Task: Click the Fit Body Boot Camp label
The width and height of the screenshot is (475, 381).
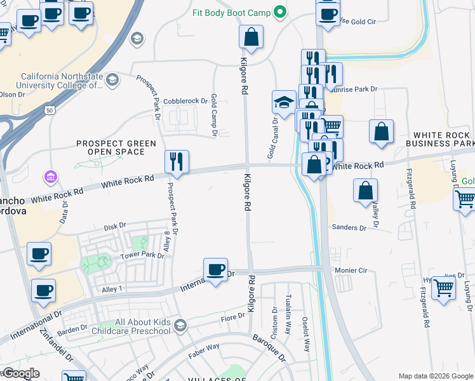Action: click(232, 13)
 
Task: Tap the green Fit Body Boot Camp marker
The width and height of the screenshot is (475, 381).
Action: click(279, 13)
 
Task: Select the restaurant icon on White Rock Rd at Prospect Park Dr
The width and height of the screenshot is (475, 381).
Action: click(177, 162)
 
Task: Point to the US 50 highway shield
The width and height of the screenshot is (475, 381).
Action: click(50, 110)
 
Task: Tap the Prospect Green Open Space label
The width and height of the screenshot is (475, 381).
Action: click(116, 147)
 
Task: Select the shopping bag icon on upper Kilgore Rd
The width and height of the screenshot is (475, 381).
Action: click(251, 37)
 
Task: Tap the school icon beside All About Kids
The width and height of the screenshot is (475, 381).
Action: click(180, 326)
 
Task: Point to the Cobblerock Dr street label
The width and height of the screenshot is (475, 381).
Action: click(185, 100)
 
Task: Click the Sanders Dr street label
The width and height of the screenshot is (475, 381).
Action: click(349, 227)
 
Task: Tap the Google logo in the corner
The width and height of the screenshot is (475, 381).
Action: click(21, 373)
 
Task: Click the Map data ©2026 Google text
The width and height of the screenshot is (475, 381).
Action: click(435, 375)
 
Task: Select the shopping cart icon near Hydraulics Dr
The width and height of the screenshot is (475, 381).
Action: click(443, 287)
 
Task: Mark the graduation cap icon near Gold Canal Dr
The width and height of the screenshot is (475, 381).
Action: click(284, 102)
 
